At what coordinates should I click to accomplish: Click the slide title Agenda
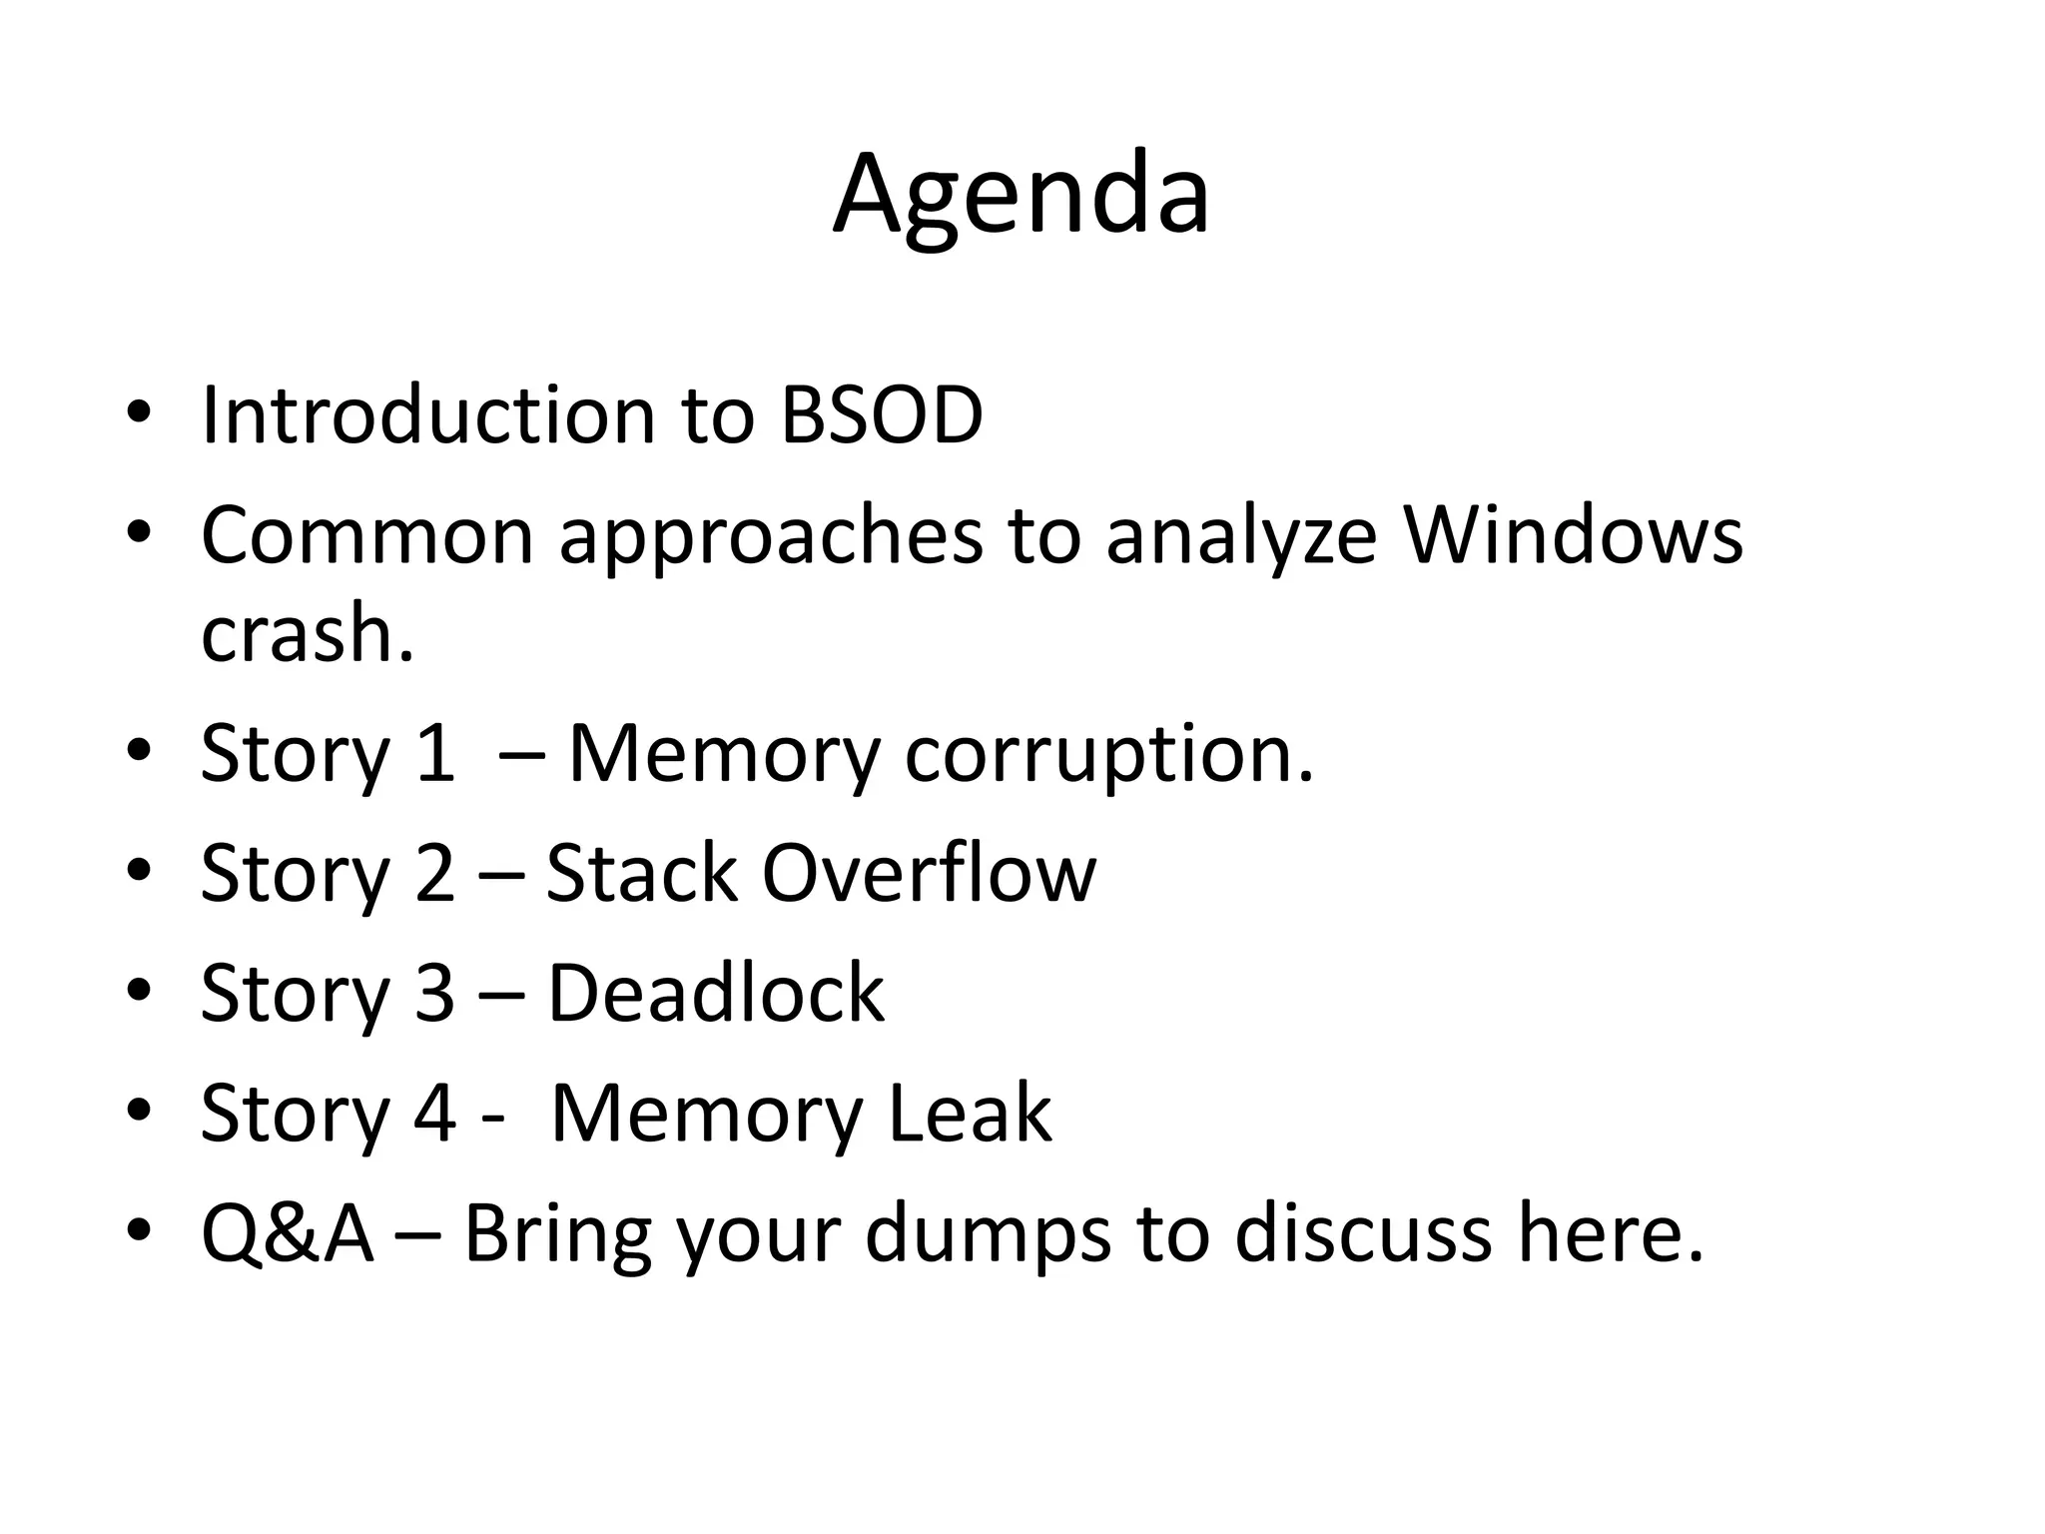pyautogui.click(x=1022, y=195)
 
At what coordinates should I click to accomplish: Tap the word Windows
pyautogui.click(x=1574, y=535)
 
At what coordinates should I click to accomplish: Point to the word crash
pyautogui.click(x=307, y=634)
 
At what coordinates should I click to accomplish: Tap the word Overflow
pyautogui.click(x=929, y=873)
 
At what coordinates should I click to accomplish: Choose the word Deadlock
pyautogui.click(x=716, y=993)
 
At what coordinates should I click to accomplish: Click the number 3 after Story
pyautogui.click(x=434, y=993)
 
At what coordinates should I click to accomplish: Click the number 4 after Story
pyautogui.click(x=434, y=1113)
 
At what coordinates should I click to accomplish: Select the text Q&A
pyautogui.click(x=288, y=1233)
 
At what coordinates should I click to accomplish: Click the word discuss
pyautogui.click(x=1363, y=1233)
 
